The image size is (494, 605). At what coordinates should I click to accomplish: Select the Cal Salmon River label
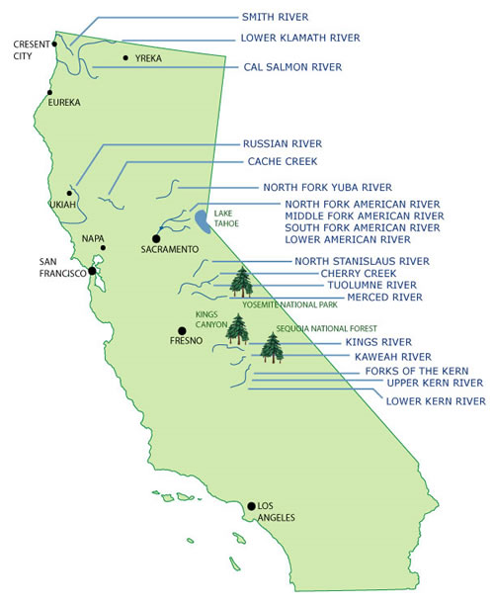[x=292, y=67]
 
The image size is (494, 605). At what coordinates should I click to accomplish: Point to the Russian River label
[x=282, y=142]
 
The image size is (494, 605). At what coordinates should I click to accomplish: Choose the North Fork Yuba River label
[x=327, y=187]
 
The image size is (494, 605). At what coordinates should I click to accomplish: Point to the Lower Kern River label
[x=437, y=400]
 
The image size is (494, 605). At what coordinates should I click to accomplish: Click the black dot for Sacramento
[x=156, y=238]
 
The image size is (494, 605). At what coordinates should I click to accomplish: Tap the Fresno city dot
[x=181, y=330]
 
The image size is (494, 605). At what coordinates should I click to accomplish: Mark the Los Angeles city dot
[x=252, y=504]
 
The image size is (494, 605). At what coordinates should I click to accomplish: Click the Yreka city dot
[x=125, y=58]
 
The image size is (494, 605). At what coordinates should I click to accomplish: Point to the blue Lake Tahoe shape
[x=202, y=220]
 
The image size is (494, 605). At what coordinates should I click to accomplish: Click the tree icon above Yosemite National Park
[x=241, y=283]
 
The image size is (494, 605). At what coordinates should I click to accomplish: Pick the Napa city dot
[x=103, y=248]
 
